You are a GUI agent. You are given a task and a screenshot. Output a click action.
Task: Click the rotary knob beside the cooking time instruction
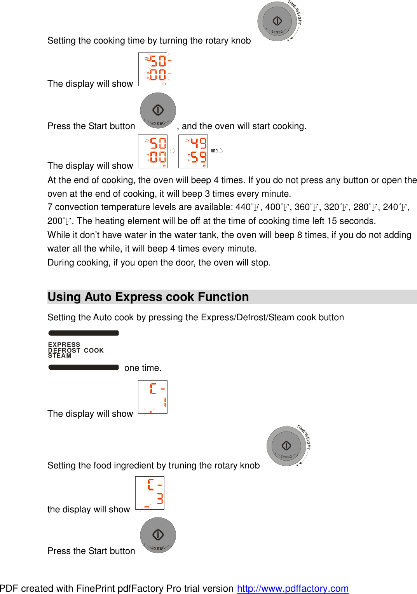point(277,21)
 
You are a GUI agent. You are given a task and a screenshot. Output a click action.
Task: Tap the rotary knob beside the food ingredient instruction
point(286,446)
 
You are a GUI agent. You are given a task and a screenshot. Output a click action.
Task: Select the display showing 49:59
point(193,152)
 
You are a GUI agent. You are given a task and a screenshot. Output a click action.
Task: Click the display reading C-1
point(153,397)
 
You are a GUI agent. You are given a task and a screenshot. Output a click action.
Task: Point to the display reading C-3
point(150,493)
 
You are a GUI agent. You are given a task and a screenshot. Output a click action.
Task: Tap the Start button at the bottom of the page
point(158,535)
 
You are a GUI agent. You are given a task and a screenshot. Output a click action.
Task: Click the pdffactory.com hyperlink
point(293,589)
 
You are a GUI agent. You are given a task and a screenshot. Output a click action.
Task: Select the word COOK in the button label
point(94,350)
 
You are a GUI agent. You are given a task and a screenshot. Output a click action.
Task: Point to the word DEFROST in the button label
point(64,350)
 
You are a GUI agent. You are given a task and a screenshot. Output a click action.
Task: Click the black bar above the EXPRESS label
point(84,333)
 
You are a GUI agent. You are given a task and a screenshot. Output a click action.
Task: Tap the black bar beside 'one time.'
point(84,367)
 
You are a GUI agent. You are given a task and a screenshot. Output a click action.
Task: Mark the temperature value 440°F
point(247,207)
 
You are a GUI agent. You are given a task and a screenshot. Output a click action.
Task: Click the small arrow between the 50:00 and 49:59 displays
point(173,151)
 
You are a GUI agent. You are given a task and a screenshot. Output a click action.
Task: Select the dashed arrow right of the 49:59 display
point(217,151)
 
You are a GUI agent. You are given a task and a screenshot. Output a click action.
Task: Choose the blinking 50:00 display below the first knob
point(153,70)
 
